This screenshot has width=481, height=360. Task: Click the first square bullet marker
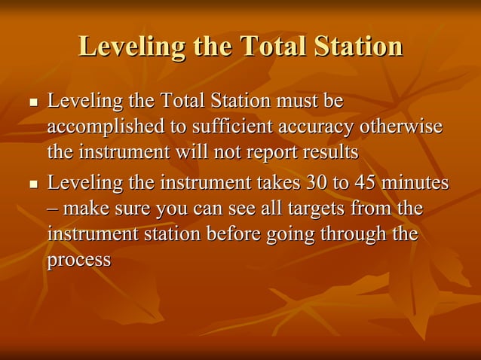pos(32,102)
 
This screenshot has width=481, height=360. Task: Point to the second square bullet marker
pos(32,184)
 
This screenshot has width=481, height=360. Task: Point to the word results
pos(329,152)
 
